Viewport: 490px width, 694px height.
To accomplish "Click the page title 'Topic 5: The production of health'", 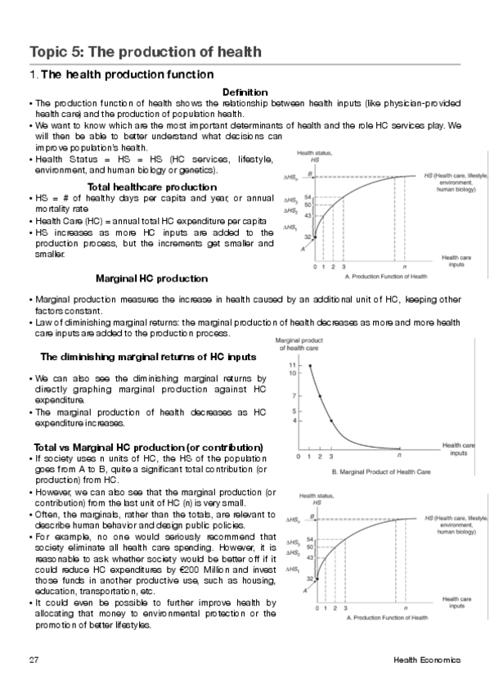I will tap(146, 52).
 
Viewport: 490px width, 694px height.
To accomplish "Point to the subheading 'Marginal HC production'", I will tap(151, 279).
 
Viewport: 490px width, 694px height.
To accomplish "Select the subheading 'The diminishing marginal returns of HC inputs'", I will tap(148, 357).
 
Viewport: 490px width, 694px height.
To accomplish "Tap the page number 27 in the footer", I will tap(34, 660).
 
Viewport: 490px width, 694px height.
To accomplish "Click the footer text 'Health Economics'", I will tap(426, 660).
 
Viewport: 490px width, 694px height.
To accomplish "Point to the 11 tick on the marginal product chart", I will tap(292, 364).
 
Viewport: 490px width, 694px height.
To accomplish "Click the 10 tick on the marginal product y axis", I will tap(292, 373).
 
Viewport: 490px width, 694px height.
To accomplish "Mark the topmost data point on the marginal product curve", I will tap(310, 365).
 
